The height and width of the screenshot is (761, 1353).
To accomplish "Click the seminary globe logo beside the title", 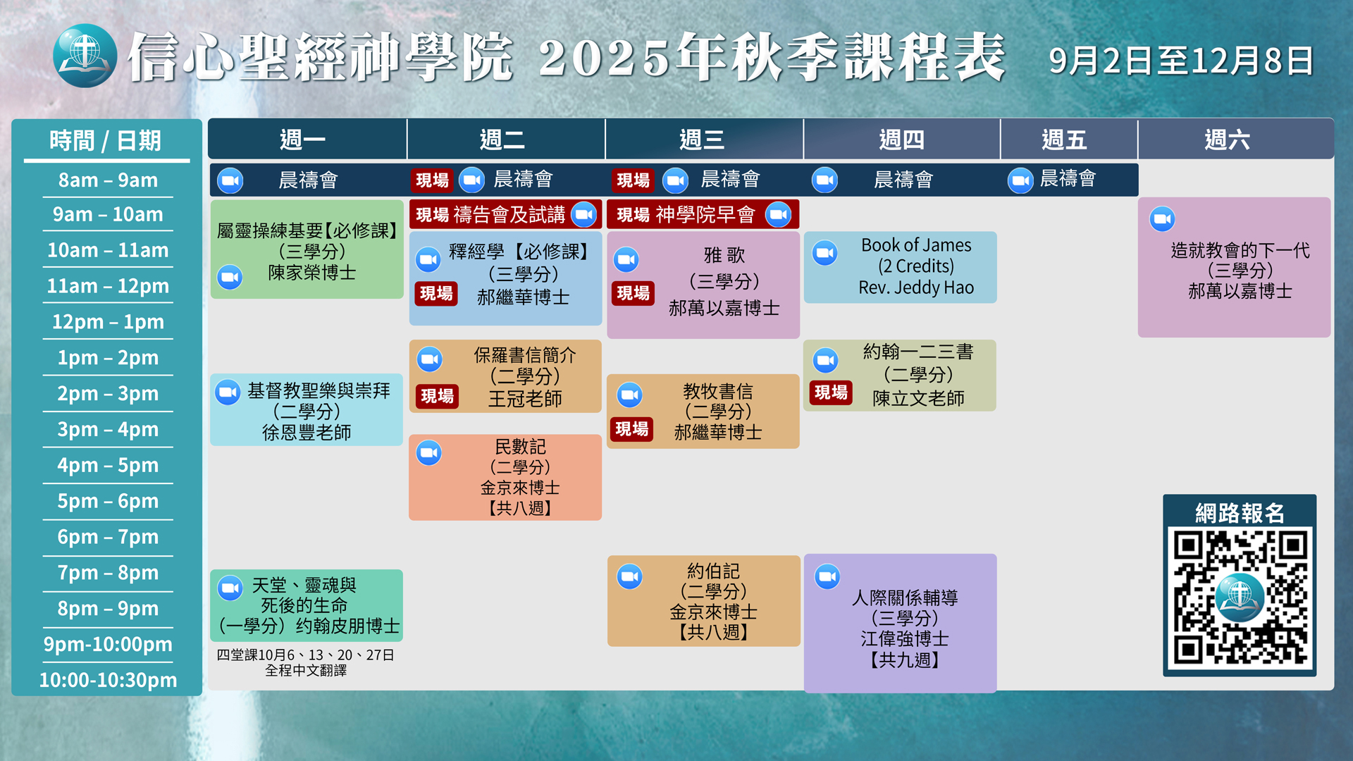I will pos(85,56).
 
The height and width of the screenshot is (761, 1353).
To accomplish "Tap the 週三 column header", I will pos(702,140).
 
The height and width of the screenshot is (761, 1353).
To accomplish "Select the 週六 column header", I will pos(1227,140).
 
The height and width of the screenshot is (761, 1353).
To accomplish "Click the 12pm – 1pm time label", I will pos(108,322).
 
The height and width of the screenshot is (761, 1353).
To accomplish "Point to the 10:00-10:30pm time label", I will pos(108,680).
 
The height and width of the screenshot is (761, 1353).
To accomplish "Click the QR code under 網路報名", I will pos(1240,598).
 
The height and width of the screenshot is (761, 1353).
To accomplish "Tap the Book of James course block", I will pos(900,267).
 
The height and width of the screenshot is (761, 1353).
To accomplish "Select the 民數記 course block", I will pos(505,477).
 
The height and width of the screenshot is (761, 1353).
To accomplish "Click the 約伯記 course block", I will pos(703,601).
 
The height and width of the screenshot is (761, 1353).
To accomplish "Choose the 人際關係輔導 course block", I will pos(900,623).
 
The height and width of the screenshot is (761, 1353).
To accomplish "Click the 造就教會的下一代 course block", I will pos(1234,268).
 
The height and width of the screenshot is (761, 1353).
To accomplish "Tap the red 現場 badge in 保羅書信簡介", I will pos(437,397).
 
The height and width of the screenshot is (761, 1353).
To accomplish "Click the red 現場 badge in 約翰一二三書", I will pos(831,392).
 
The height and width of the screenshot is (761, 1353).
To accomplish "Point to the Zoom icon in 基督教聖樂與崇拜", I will pos(228,392).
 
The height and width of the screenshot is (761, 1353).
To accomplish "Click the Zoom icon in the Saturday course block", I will pos(1162,219).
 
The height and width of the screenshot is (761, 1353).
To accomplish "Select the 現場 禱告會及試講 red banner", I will pos(505,215).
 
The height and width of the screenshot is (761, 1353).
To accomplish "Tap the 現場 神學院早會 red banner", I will pos(703,215).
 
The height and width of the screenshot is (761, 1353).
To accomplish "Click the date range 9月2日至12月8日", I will pos(1181,61).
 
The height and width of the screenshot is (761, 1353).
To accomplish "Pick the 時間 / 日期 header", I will pos(106,141).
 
